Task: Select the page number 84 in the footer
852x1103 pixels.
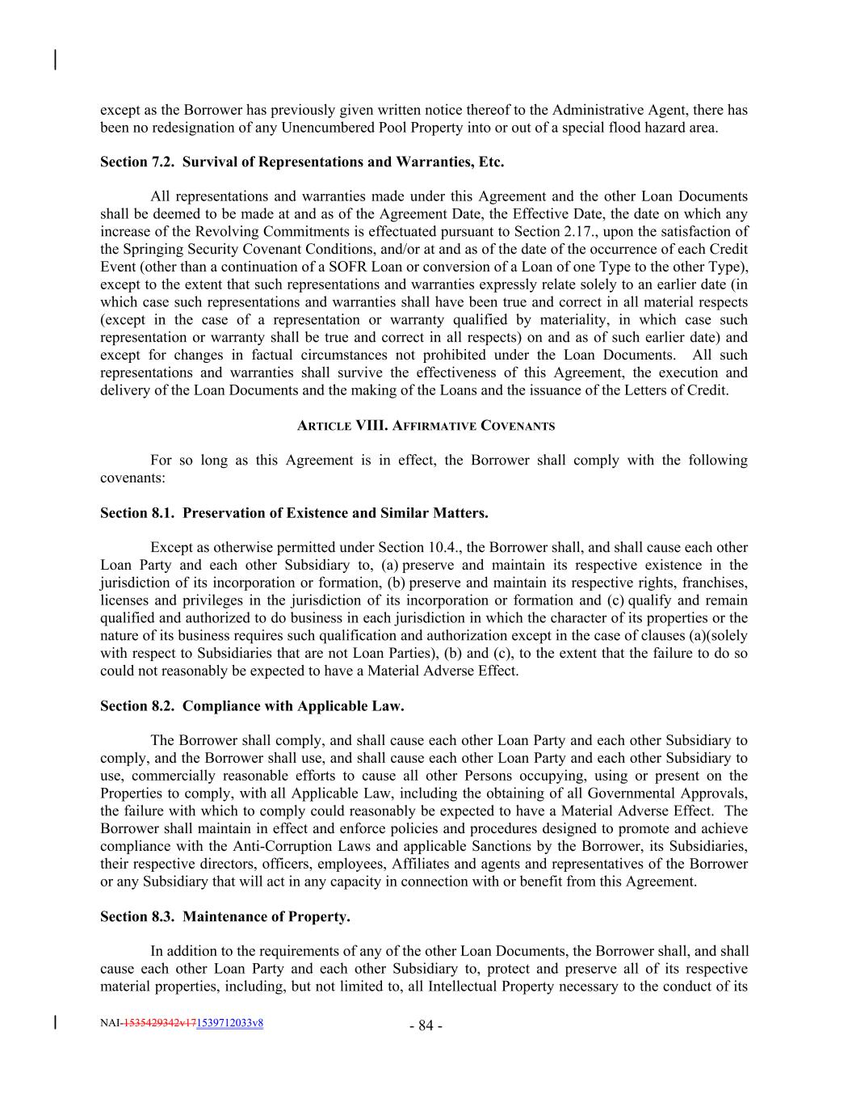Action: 426,1026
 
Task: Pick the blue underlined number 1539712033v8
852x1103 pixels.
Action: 229,1023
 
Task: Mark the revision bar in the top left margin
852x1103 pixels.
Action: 55,61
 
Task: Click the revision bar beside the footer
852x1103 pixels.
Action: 55,1022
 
